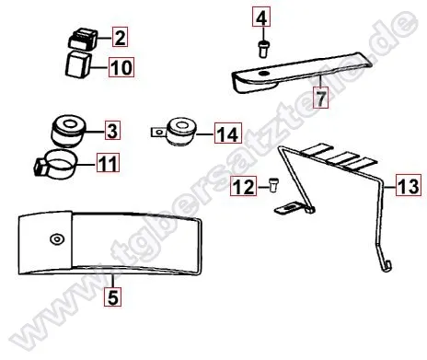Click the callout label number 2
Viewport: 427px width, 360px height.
[120, 38]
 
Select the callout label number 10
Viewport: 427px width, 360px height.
[121, 66]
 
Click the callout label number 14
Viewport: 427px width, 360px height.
[225, 135]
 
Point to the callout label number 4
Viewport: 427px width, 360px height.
[261, 17]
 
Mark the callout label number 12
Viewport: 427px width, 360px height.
[242, 189]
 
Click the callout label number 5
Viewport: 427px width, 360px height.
[111, 296]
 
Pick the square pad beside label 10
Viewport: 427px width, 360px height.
[78, 66]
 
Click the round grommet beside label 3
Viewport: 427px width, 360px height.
[67, 130]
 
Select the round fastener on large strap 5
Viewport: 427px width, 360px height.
[57, 238]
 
